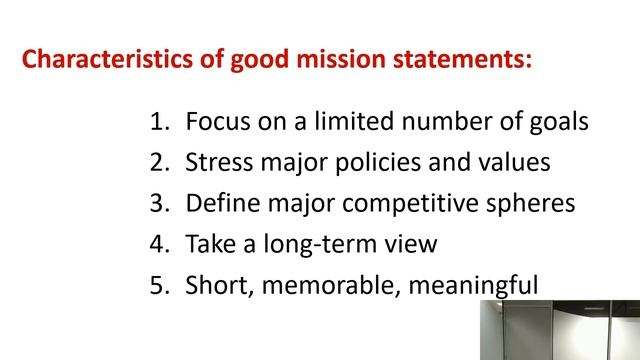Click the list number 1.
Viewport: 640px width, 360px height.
(x=157, y=123)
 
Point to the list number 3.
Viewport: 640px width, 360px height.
(x=157, y=204)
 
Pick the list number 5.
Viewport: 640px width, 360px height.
(x=157, y=286)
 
